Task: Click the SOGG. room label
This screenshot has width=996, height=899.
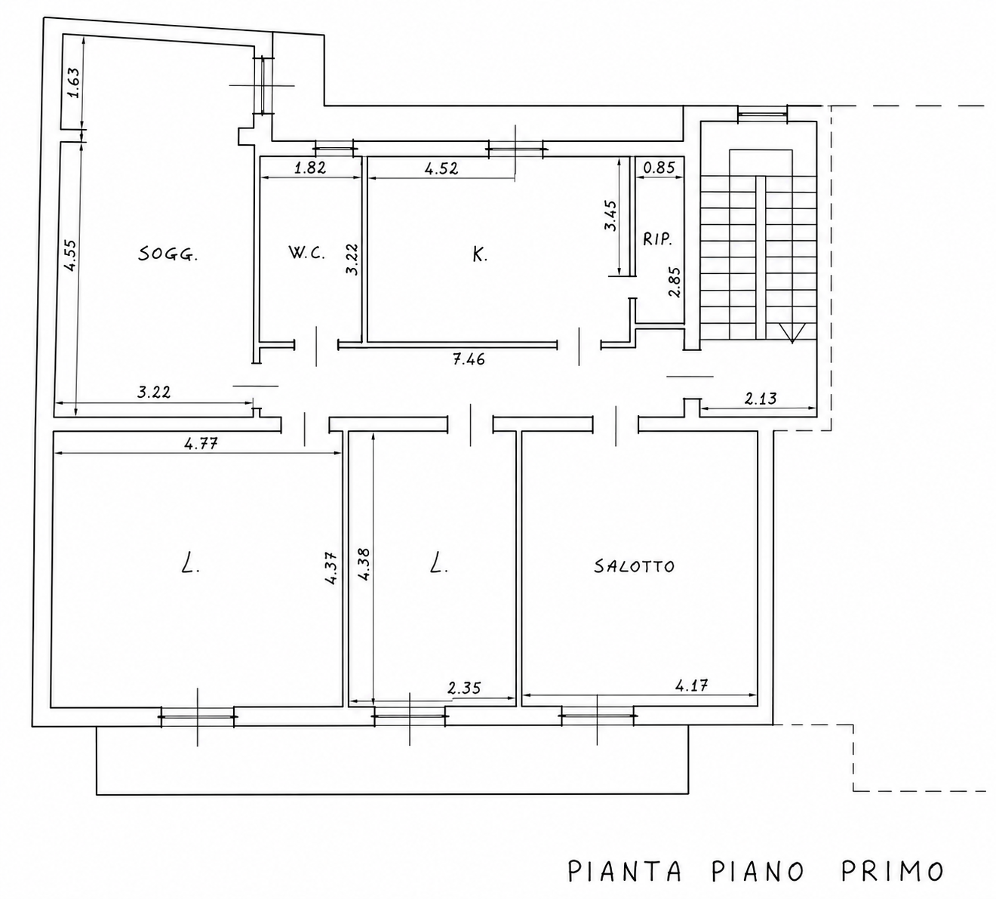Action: click(x=168, y=255)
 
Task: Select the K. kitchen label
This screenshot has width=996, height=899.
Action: click(x=480, y=255)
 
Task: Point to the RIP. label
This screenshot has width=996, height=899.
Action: click(x=657, y=240)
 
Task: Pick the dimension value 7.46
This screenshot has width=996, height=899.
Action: click(x=469, y=359)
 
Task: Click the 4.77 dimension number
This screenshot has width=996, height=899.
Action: click(x=201, y=442)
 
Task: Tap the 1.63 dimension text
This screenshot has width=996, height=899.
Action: click(x=73, y=82)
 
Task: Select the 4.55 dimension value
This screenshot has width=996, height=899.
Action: click(x=69, y=255)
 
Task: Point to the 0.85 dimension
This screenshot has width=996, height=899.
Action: click(x=659, y=168)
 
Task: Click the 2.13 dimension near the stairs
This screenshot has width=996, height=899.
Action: click(x=761, y=399)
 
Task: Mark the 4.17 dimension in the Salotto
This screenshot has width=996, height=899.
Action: click(x=692, y=686)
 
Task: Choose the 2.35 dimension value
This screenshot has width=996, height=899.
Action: click(x=464, y=688)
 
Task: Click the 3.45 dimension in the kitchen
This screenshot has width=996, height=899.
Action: click(x=610, y=216)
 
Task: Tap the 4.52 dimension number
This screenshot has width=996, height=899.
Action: click(x=441, y=168)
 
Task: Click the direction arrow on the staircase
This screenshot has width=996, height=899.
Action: click(x=792, y=334)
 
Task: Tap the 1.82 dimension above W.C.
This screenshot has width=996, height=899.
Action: click(x=310, y=168)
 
